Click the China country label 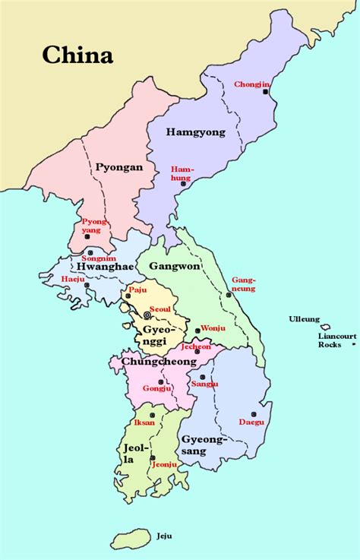pyautogui.click(x=77, y=55)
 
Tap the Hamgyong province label pyautogui.click(x=196, y=132)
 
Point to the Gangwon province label pyautogui.click(x=173, y=266)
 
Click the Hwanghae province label pyautogui.click(x=104, y=267)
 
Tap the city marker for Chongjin pyautogui.click(x=266, y=92)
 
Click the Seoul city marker pyautogui.click(x=147, y=315)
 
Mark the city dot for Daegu pyautogui.click(x=255, y=414)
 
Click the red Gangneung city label pyautogui.click(x=243, y=283)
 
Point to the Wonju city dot pyautogui.click(x=197, y=330)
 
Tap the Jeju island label pyautogui.click(x=165, y=536)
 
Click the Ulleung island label pyautogui.click(x=304, y=319)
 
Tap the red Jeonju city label pyautogui.click(x=165, y=464)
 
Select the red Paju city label pyautogui.click(x=137, y=289)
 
